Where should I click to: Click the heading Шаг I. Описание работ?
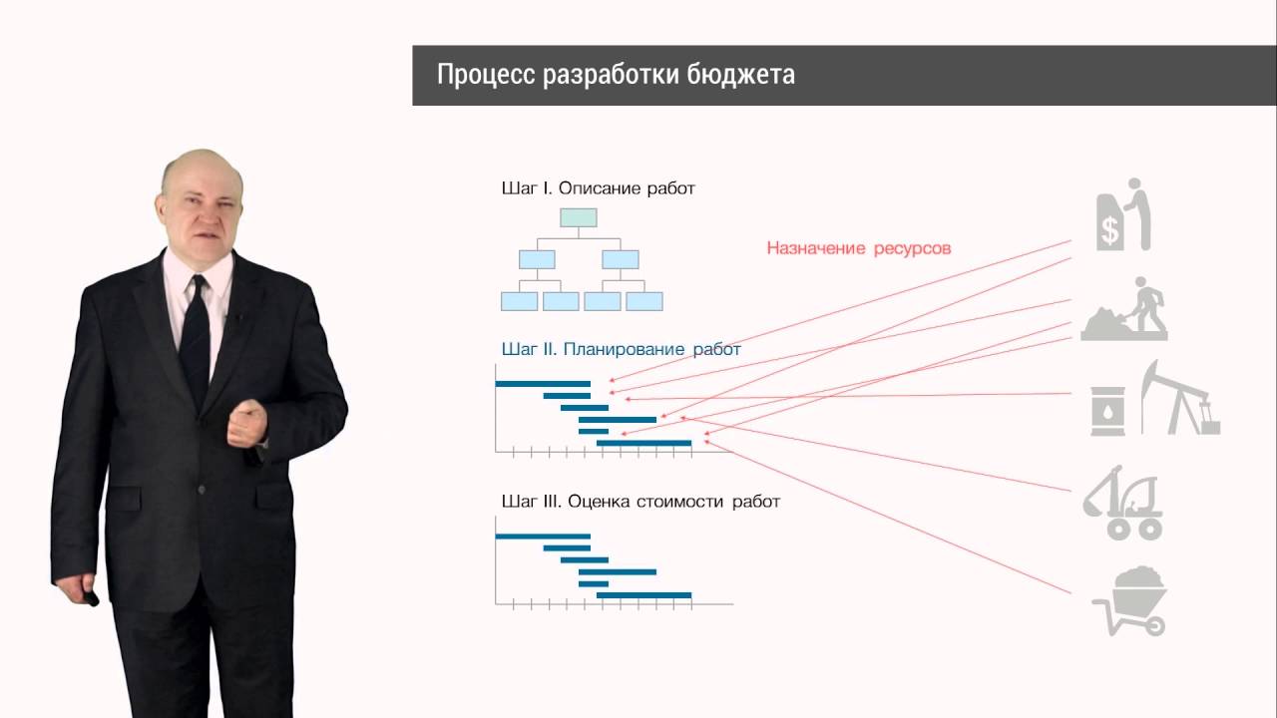pyautogui.click(x=598, y=187)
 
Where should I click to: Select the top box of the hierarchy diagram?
pyautogui.click(x=578, y=217)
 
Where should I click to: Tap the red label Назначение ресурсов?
pyautogui.click(x=858, y=248)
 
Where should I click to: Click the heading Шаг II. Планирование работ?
pyautogui.click(x=621, y=349)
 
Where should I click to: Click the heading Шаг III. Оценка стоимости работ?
pyautogui.click(x=639, y=502)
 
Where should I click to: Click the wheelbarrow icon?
pyautogui.click(x=1130, y=599)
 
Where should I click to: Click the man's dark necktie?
pyautogui.click(x=196, y=339)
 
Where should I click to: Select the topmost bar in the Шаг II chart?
pyautogui.click(x=543, y=383)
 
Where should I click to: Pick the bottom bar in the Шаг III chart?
pyautogui.click(x=643, y=595)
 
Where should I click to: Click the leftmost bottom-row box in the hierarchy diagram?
pyautogui.click(x=519, y=300)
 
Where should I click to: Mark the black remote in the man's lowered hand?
pyautogui.click(x=92, y=600)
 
